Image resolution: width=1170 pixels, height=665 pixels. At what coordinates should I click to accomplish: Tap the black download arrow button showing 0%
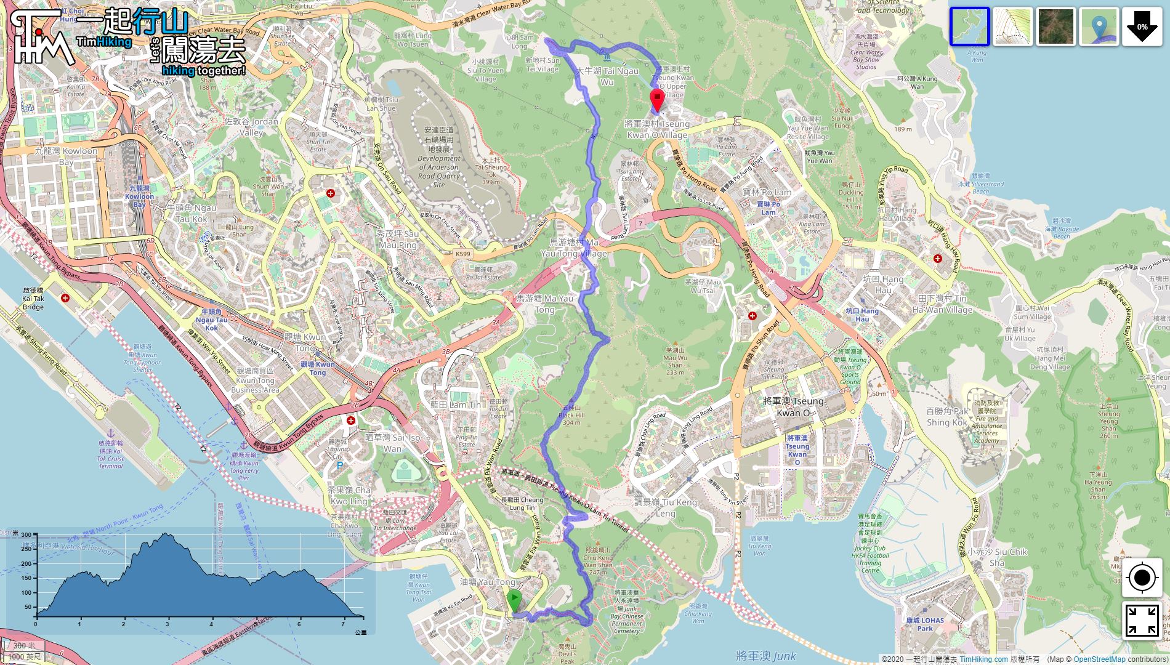[1142, 27]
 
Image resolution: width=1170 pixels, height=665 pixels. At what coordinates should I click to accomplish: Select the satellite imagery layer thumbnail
[1055, 27]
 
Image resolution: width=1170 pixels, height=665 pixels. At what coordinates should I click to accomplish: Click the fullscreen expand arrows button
[1142, 620]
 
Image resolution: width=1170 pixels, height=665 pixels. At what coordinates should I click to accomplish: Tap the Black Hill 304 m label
[571, 415]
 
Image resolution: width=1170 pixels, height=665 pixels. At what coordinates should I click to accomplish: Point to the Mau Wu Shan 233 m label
[675, 361]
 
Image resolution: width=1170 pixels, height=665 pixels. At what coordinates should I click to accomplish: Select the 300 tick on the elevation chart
[26, 535]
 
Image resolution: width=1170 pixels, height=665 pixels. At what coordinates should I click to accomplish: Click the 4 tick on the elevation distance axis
[211, 624]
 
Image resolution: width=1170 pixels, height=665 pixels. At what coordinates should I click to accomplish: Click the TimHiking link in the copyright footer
[983, 659]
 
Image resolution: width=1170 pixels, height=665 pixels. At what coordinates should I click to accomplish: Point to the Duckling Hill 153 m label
[851, 196]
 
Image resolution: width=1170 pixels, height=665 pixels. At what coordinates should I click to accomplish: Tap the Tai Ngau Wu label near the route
[607, 76]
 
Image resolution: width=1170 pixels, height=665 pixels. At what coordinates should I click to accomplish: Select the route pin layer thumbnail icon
[1099, 27]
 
